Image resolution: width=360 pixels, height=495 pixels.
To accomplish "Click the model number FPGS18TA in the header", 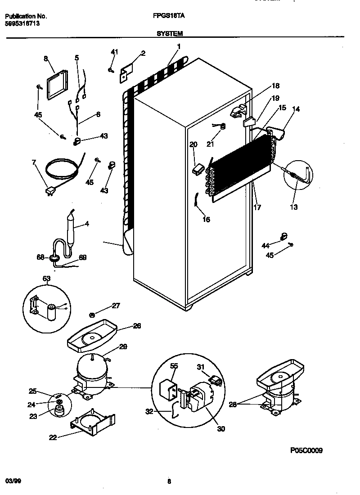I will coord(169,16).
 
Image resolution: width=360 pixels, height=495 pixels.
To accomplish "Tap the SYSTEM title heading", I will coord(169,34).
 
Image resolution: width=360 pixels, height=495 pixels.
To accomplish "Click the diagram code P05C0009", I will coord(306,450).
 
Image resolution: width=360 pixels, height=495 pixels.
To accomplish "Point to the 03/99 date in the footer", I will coord(13,481).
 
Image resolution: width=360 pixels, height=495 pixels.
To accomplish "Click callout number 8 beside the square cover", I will coord(46,58).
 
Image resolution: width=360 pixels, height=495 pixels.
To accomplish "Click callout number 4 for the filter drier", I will coord(87,223).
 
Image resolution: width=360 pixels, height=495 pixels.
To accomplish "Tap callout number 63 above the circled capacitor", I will coord(47,279).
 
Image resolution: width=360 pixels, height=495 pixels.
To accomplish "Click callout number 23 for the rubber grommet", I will coord(33,416).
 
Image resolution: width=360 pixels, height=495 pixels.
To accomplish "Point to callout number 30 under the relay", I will coord(220,429).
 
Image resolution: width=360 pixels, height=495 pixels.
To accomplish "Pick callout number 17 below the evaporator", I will coord(257,207).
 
